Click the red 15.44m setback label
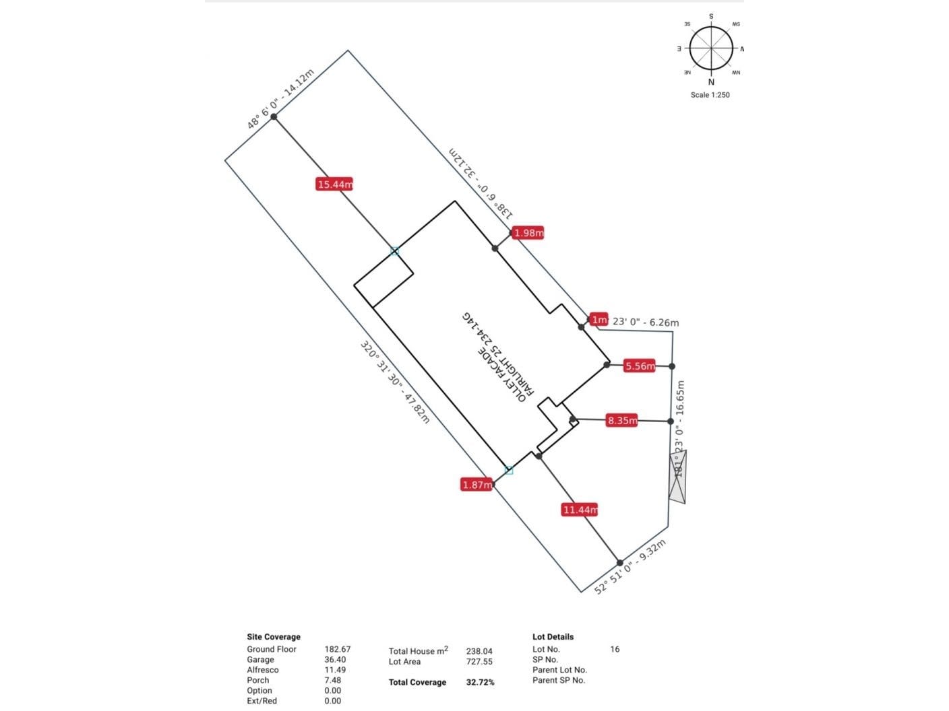(x=334, y=184)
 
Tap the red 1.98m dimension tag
(x=528, y=233)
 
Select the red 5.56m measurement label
(x=639, y=366)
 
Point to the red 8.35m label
(x=621, y=421)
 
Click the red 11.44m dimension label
(x=580, y=510)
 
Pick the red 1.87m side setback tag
(x=477, y=485)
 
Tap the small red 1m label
(x=599, y=320)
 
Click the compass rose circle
(x=711, y=48)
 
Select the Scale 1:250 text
(x=710, y=95)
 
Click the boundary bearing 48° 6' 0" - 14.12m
(x=280, y=98)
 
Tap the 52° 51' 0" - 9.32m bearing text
(x=630, y=567)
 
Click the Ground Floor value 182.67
(x=337, y=649)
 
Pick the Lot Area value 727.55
(x=479, y=662)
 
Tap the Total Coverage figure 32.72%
(x=480, y=682)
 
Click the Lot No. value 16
(x=615, y=649)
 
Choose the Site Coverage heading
(x=274, y=636)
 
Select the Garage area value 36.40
(x=335, y=660)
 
